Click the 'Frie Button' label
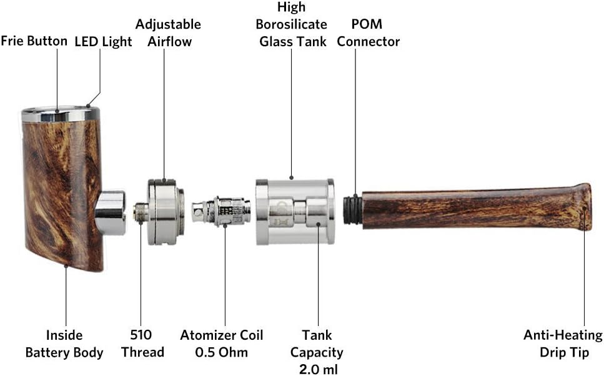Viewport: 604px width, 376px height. [x=34, y=42]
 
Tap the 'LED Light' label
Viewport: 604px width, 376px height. [x=104, y=42]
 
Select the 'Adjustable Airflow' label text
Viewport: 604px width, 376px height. [x=168, y=33]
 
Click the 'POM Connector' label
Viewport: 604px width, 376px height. [x=368, y=33]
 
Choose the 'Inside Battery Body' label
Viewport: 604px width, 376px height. [x=64, y=344]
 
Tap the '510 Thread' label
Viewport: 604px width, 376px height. [x=143, y=344]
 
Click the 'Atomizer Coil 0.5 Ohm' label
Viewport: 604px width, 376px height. [x=222, y=344]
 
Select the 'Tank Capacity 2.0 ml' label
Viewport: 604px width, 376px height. [x=317, y=353]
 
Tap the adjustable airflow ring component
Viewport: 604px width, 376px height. [x=165, y=212]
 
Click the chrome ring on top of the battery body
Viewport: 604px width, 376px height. [x=61, y=115]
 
